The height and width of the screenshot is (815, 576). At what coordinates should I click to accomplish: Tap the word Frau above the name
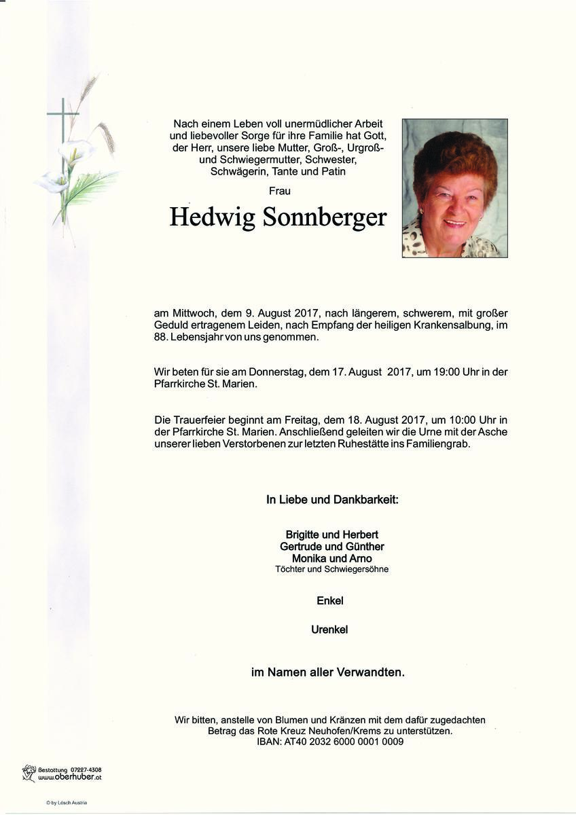click(279, 191)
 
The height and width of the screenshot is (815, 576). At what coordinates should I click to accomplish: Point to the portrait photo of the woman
click(454, 188)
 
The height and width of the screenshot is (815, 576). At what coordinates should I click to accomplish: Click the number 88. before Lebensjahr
click(164, 338)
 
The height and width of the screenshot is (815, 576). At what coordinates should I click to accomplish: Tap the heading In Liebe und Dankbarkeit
click(332, 500)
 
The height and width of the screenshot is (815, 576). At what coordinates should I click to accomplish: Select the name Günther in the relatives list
click(361, 547)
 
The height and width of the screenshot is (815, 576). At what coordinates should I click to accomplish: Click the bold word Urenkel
click(329, 630)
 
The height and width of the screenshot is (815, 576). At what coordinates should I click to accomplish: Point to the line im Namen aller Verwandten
click(328, 673)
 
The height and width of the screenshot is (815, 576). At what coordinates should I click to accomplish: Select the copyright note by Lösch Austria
click(67, 803)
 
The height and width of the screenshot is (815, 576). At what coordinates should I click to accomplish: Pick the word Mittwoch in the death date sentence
click(194, 313)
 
